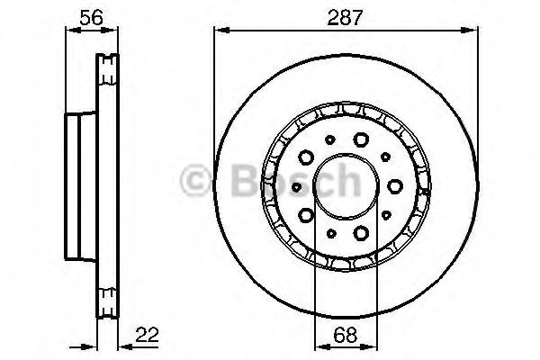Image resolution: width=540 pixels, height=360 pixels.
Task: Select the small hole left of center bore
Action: pos(296,185)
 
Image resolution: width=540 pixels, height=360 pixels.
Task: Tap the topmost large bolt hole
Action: pos(361,139)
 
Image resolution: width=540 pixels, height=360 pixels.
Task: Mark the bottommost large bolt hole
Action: pos(361,232)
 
